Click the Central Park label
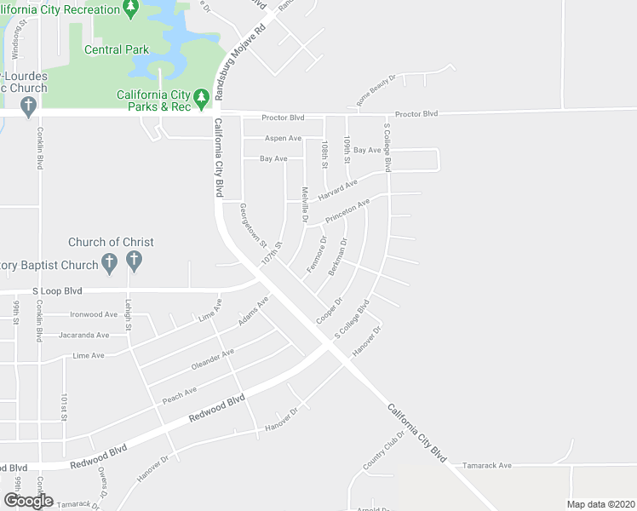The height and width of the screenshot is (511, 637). (x=117, y=49)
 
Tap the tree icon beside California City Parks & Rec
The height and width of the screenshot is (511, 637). (x=202, y=100)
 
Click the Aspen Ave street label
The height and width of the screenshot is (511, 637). (x=283, y=138)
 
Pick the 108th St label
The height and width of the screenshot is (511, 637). (x=324, y=153)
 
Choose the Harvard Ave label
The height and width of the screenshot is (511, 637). (x=338, y=188)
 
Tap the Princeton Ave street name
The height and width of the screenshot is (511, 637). (x=347, y=210)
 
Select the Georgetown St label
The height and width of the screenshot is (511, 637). (x=254, y=223)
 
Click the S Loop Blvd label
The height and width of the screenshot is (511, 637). (x=57, y=291)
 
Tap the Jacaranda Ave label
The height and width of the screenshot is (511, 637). (x=84, y=336)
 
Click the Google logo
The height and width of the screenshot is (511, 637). (x=27, y=501)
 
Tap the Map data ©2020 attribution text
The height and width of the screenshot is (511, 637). (x=600, y=503)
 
